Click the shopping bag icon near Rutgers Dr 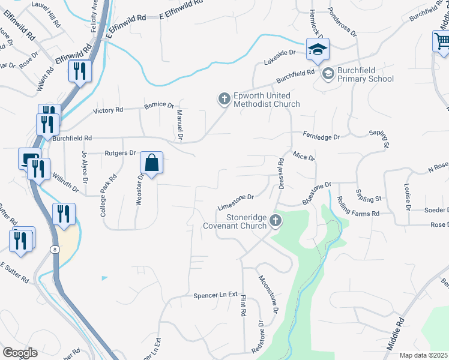click(x=152, y=163)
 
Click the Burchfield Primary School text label click(x=365, y=74)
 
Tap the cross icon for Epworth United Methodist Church click(x=224, y=98)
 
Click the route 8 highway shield click(x=55, y=248)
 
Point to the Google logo click(x=20, y=353)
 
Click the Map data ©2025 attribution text click(x=423, y=355)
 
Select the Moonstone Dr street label click(x=268, y=295)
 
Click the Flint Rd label click(x=244, y=305)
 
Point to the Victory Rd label click(x=108, y=110)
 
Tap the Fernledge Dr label click(x=321, y=137)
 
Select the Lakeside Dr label click(x=280, y=57)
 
